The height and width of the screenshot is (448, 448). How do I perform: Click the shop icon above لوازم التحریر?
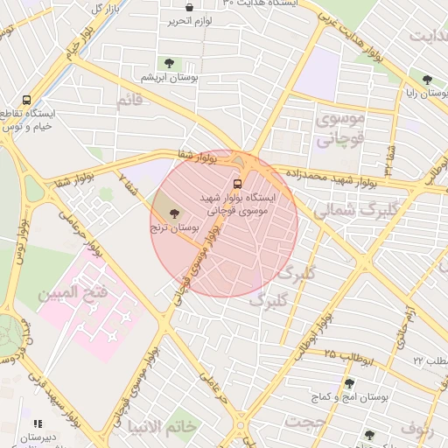click(189, 8)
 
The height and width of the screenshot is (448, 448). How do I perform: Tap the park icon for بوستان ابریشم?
click(169, 63)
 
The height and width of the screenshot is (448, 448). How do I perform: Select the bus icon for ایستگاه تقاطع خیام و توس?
click(27, 101)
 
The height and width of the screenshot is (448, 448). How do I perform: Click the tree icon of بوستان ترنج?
click(171, 213)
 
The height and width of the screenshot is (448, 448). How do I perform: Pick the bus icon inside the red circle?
click(237, 184)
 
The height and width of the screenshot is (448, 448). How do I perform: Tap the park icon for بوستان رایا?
click(427, 79)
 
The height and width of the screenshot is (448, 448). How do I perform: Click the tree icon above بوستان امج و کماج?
click(349, 383)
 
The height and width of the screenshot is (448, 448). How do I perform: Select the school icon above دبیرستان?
click(37, 424)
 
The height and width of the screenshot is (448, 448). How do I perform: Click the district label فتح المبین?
click(73, 291)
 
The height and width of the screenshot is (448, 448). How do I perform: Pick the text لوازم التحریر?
click(191, 22)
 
